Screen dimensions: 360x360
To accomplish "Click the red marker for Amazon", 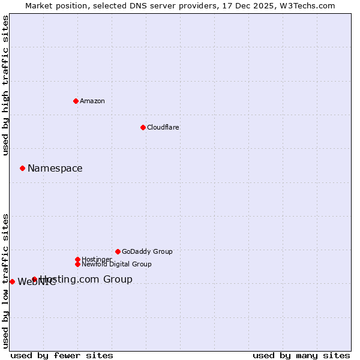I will point(76,101).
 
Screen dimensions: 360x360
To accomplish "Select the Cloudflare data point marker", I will point(143,127).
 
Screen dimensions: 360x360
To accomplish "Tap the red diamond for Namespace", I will point(22,168).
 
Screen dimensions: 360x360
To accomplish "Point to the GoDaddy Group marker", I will point(118,251).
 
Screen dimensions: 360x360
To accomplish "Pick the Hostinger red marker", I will point(77,259).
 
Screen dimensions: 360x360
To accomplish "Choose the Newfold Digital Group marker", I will point(77,264).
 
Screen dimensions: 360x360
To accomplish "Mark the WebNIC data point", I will point(12,281).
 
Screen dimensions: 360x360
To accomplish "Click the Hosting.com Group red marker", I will point(34,279).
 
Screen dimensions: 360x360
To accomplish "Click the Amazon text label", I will point(92,101).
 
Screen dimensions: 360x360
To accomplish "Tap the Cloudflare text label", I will point(163,127).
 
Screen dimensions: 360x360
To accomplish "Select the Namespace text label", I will point(55,168).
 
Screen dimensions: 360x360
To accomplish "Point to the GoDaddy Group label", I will point(147,251).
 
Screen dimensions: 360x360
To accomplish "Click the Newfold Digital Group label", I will point(116,264).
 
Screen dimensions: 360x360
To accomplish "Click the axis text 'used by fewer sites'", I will point(62,355).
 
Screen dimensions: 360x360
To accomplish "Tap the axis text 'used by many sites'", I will point(301,355).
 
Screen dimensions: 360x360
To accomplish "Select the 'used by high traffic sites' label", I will point(6,85).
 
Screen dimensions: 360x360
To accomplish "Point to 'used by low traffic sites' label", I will point(6,281).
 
